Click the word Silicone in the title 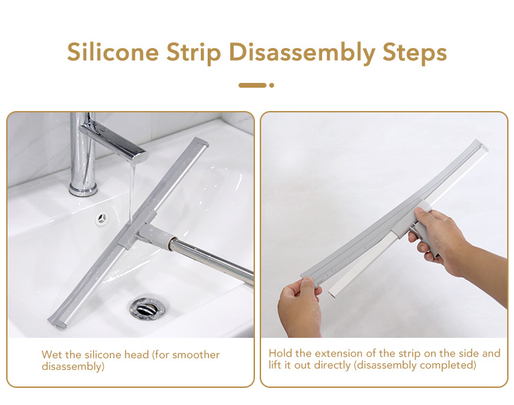point(113,53)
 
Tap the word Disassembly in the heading point(302,53)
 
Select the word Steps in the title point(415,53)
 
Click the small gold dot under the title point(271,85)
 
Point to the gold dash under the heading point(252,85)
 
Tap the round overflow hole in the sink point(102,218)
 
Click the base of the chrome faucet point(83,189)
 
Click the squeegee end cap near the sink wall point(200,143)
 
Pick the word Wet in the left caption point(52,355)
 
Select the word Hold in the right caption point(280,353)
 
